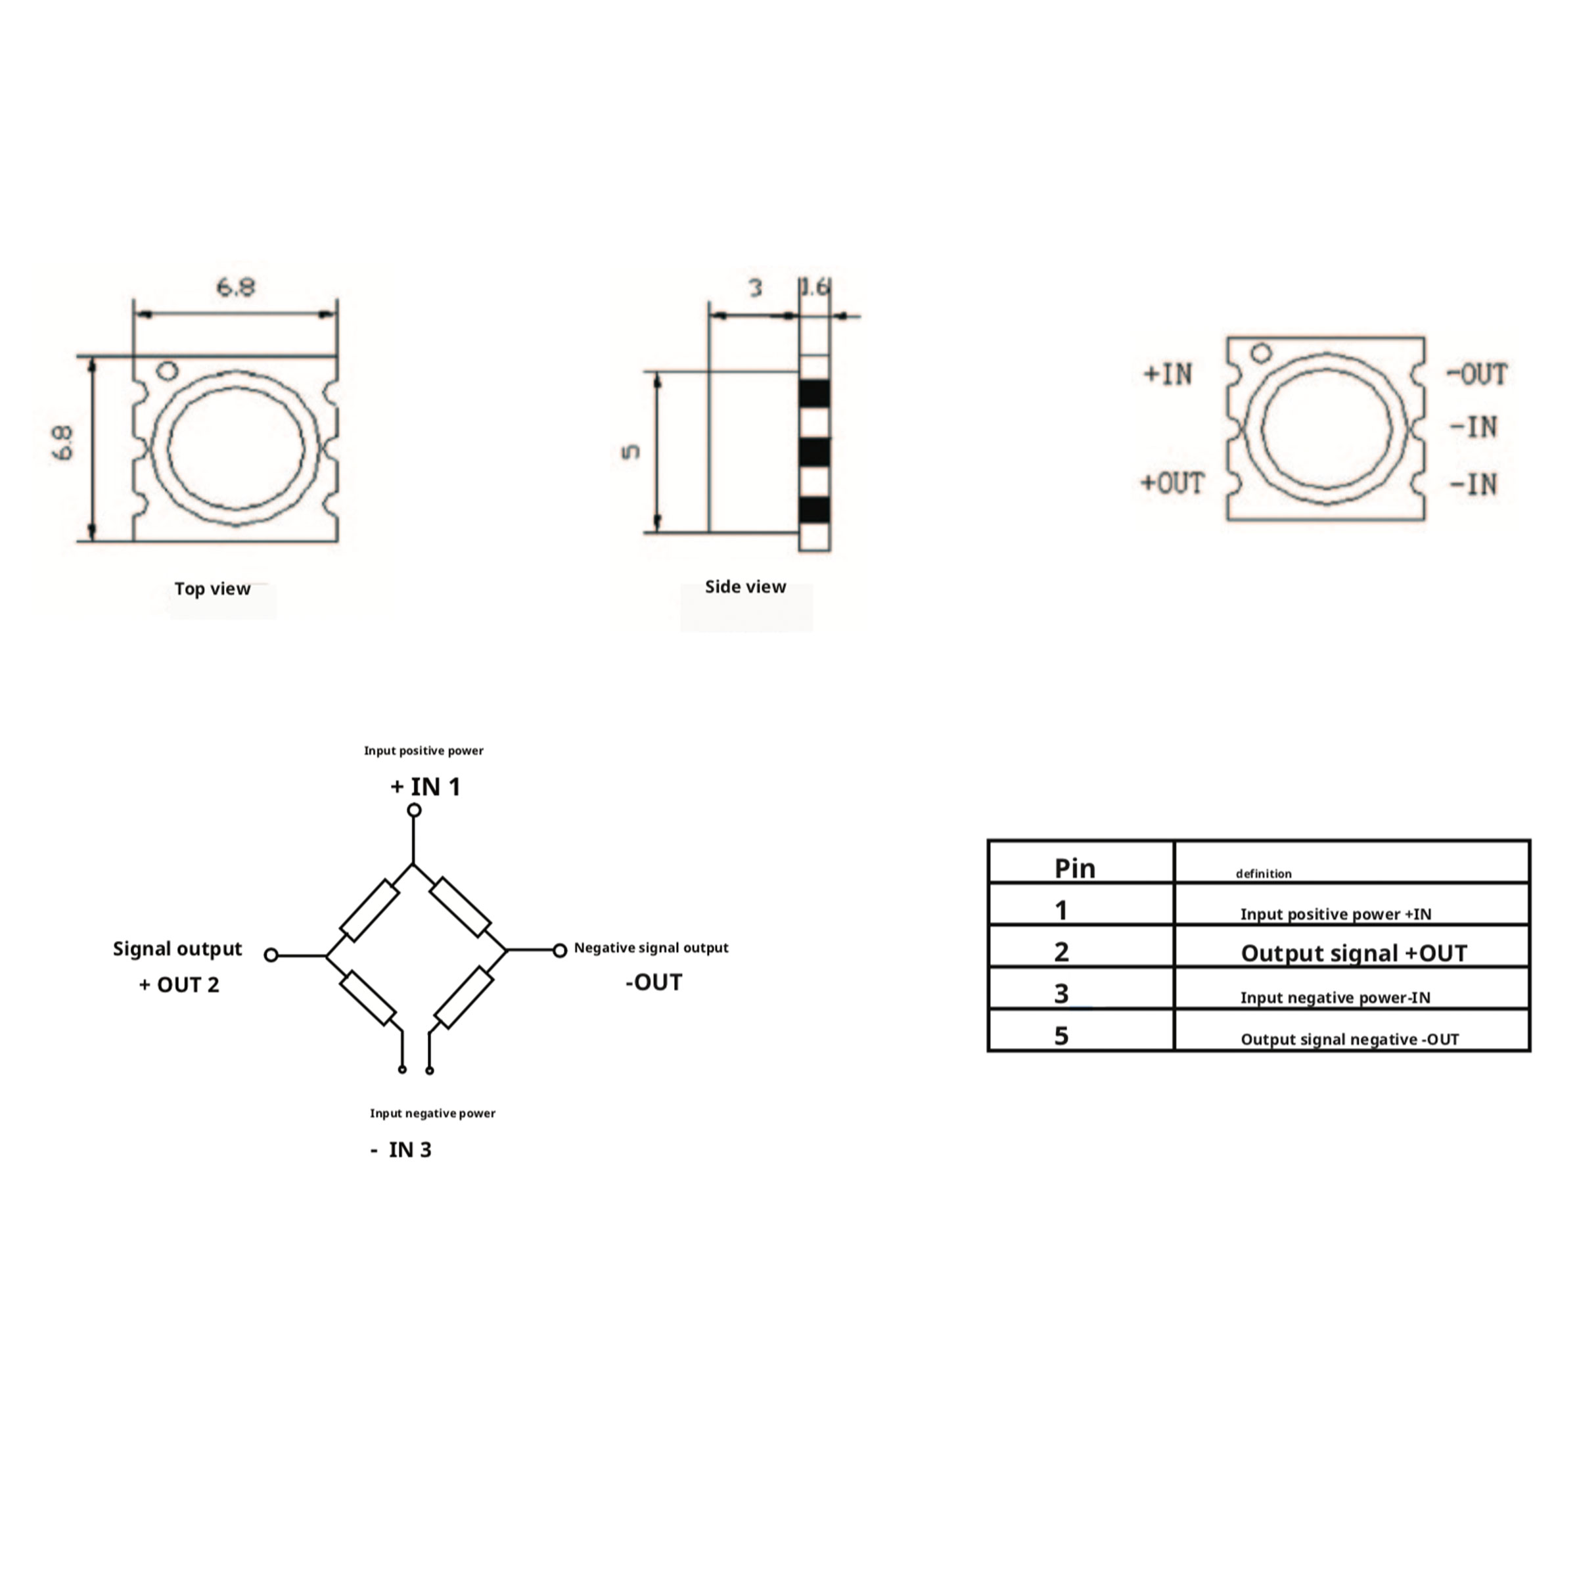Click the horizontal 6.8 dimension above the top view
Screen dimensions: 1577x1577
point(235,287)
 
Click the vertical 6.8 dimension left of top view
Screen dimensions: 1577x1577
point(63,444)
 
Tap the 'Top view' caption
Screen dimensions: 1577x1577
point(212,589)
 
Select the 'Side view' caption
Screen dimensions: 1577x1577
point(745,586)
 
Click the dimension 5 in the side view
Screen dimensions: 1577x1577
point(631,451)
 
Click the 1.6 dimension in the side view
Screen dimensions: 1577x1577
point(815,286)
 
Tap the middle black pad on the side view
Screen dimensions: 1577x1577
point(815,452)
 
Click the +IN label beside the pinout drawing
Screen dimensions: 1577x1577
point(1168,374)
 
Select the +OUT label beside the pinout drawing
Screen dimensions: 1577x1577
point(1172,483)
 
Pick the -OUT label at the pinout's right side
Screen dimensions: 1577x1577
point(1476,374)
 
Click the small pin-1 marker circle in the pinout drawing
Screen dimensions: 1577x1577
point(1261,353)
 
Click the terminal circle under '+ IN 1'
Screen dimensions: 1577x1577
point(414,810)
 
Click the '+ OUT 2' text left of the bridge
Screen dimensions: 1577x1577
point(179,984)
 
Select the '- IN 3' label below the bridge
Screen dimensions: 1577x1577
point(401,1149)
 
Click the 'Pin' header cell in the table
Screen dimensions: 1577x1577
point(1074,867)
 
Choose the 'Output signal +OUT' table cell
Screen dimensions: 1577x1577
point(1354,953)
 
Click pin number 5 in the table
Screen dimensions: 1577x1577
point(1061,1036)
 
